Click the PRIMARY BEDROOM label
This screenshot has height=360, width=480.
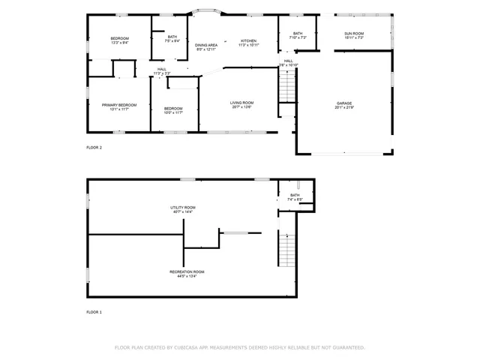pyautogui.click(x=120, y=105)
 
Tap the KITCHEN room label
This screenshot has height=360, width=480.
pyautogui.click(x=248, y=40)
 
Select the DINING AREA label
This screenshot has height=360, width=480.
pyautogui.click(x=206, y=45)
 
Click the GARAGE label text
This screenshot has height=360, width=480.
pyautogui.click(x=344, y=103)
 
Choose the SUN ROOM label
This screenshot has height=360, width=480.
pyautogui.click(x=354, y=34)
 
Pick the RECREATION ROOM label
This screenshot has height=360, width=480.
pyautogui.click(x=187, y=271)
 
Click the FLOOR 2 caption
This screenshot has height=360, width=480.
pyautogui.click(x=94, y=148)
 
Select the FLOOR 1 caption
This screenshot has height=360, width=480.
pyautogui.click(x=94, y=311)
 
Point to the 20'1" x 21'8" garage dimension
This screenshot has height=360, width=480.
pyautogui.click(x=344, y=108)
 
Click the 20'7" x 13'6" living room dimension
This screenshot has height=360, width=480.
pyautogui.click(x=241, y=107)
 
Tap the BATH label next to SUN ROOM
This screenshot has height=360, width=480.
pyautogui.click(x=298, y=34)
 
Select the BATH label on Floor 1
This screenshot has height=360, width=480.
pyautogui.click(x=295, y=195)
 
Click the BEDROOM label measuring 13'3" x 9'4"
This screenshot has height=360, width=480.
pyautogui.click(x=120, y=38)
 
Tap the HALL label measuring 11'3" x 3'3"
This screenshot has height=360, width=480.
pyautogui.click(x=162, y=69)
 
